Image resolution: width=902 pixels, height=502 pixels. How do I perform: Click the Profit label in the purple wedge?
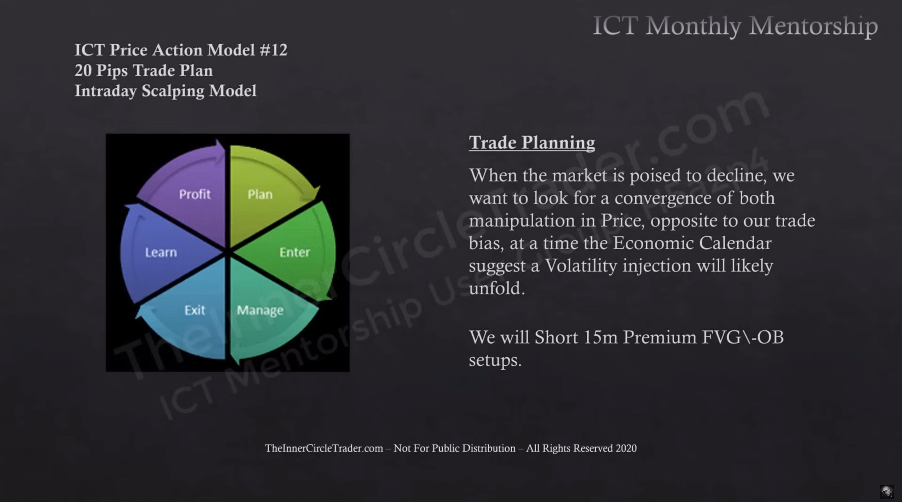click(x=195, y=194)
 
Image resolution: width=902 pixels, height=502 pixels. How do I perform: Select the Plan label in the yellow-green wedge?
click(x=260, y=194)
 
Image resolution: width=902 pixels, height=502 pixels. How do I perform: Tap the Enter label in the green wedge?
click(x=295, y=252)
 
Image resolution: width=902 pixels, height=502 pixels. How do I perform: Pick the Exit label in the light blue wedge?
click(x=195, y=310)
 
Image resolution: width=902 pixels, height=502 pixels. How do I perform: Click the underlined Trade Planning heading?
click(x=532, y=143)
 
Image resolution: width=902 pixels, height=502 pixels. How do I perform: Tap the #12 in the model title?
click(x=273, y=50)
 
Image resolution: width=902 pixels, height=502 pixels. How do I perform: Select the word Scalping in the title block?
click(x=173, y=91)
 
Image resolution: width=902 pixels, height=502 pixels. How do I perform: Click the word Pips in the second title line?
click(x=112, y=71)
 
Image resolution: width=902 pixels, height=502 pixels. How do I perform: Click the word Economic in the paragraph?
click(x=653, y=243)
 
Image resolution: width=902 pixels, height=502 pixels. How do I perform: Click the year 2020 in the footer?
click(x=626, y=448)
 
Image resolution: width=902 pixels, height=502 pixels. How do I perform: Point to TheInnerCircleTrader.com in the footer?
click(x=324, y=448)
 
